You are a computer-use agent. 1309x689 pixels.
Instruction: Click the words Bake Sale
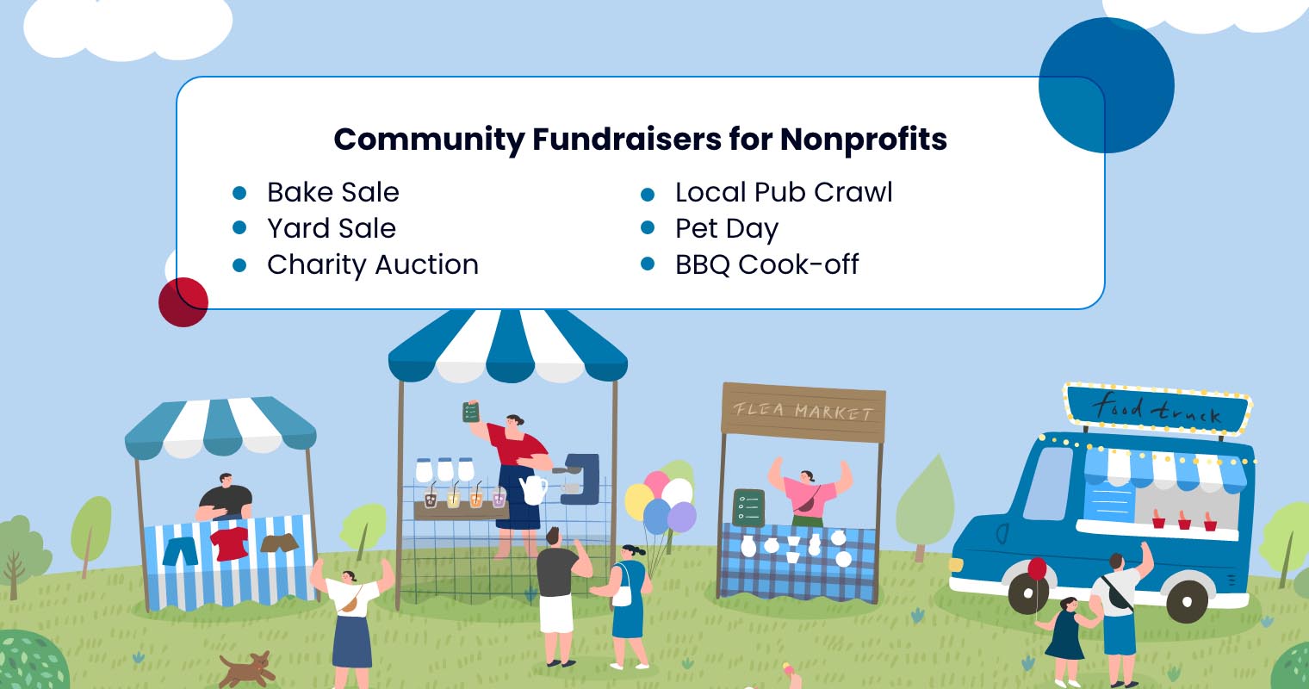pyautogui.click(x=332, y=192)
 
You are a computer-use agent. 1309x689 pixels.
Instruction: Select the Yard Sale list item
pyautogui.click(x=331, y=228)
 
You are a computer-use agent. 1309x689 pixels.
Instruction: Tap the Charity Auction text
pyautogui.click(x=372, y=264)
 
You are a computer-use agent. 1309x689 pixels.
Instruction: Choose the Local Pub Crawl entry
pyautogui.click(x=784, y=192)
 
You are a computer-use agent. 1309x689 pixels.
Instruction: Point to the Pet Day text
pyautogui.click(x=726, y=229)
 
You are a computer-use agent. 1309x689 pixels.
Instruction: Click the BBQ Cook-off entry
pyautogui.click(x=766, y=264)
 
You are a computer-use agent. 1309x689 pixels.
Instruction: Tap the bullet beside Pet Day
pyautogui.click(x=648, y=228)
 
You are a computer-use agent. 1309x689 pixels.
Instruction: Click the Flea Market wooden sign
pyautogui.click(x=803, y=412)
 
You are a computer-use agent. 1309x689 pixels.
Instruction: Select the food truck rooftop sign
pyautogui.click(x=1157, y=408)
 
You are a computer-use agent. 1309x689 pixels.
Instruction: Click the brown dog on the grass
pyautogui.click(x=247, y=668)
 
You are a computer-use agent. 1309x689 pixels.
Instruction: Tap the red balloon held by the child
pyautogui.click(x=1038, y=569)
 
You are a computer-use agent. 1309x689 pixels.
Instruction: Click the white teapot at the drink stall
pyautogui.click(x=533, y=489)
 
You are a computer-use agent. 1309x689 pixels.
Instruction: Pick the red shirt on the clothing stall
pyautogui.click(x=230, y=543)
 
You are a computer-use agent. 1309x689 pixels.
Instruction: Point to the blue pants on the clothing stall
pyautogui.click(x=180, y=549)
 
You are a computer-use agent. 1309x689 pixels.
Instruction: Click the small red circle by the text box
pyautogui.click(x=183, y=302)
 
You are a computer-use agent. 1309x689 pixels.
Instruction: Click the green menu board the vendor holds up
pyautogui.click(x=470, y=411)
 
